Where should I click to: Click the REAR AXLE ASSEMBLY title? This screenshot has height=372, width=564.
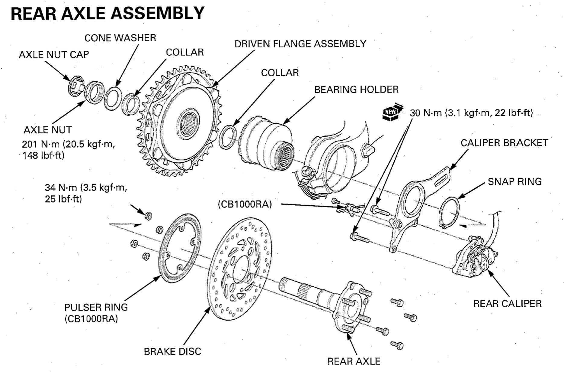tap(107, 13)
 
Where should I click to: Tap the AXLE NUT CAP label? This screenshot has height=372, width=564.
tap(54, 55)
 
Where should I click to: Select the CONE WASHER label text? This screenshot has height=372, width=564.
tap(120, 38)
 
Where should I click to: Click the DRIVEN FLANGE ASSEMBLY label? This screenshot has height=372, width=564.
tap(300, 44)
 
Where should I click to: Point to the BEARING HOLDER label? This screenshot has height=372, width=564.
tap(356, 90)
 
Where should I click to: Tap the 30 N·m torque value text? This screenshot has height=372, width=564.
tap(471, 113)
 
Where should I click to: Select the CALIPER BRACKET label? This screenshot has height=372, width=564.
tap(504, 143)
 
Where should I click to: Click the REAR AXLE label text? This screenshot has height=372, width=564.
tap(354, 361)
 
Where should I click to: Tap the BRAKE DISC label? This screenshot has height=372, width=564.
tap(172, 351)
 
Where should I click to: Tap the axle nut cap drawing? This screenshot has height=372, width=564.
tap(76, 86)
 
